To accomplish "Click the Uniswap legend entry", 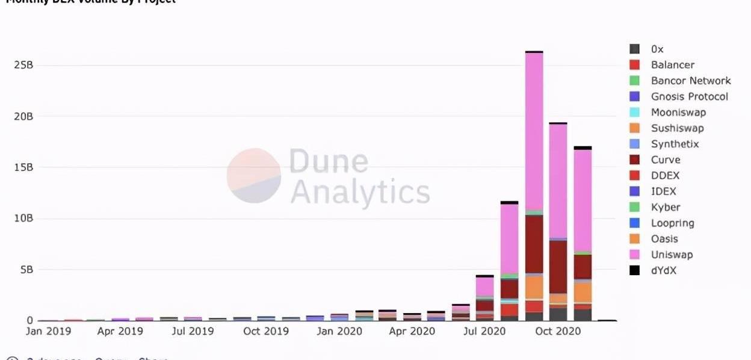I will (x=672, y=255).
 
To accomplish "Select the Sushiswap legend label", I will (x=677, y=128).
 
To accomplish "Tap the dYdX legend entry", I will (x=663, y=270).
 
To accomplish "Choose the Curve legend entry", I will (x=666, y=160).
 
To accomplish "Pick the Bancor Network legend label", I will (x=691, y=81).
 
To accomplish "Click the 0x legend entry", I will (x=657, y=49).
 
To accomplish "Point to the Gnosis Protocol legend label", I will (x=689, y=96).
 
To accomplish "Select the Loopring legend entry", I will (x=672, y=223).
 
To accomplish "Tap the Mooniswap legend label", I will (x=678, y=113).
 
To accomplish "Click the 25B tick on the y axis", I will (x=23, y=65).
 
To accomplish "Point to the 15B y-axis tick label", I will (x=23, y=167).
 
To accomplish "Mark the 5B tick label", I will (x=26, y=270).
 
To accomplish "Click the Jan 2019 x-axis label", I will (x=48, y=332).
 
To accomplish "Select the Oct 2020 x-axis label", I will (x=558, y=332).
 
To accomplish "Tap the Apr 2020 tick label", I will (x=412, y=332).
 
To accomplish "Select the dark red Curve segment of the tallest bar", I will (x=534, y=244).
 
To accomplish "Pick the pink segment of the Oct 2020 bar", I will (x=558, y=181).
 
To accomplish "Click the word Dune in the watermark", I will (x=329, y=162).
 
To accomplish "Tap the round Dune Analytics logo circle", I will (x=254, y=175).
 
